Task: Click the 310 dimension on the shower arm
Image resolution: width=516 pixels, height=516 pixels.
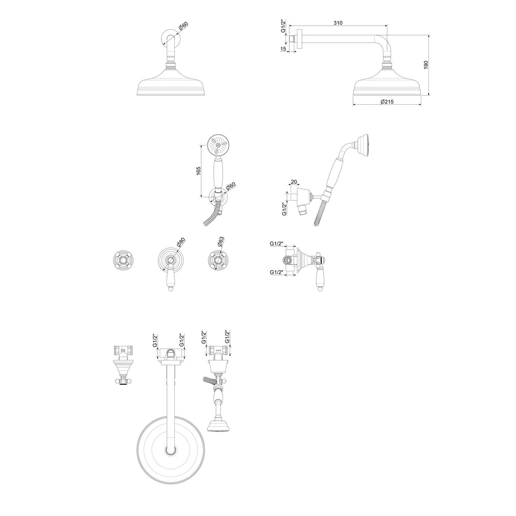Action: (x=338, y=23)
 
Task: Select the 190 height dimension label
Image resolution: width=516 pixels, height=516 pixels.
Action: (x=426, y=65)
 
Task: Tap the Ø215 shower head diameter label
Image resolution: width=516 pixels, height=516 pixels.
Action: (x=387, y=101)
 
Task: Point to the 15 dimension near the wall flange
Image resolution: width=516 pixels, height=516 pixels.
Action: (x=283, y=49)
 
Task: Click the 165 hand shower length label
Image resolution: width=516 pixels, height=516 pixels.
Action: (x=198, y=171)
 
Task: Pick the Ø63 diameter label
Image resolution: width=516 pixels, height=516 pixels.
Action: (x=221, y=242)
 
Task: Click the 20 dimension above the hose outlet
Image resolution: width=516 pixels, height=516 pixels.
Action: (x=294, y=182)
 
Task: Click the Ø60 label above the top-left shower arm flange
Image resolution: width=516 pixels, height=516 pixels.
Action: (x=183, y=27)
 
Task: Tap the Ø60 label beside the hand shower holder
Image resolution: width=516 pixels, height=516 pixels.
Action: (x=230, y=186)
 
